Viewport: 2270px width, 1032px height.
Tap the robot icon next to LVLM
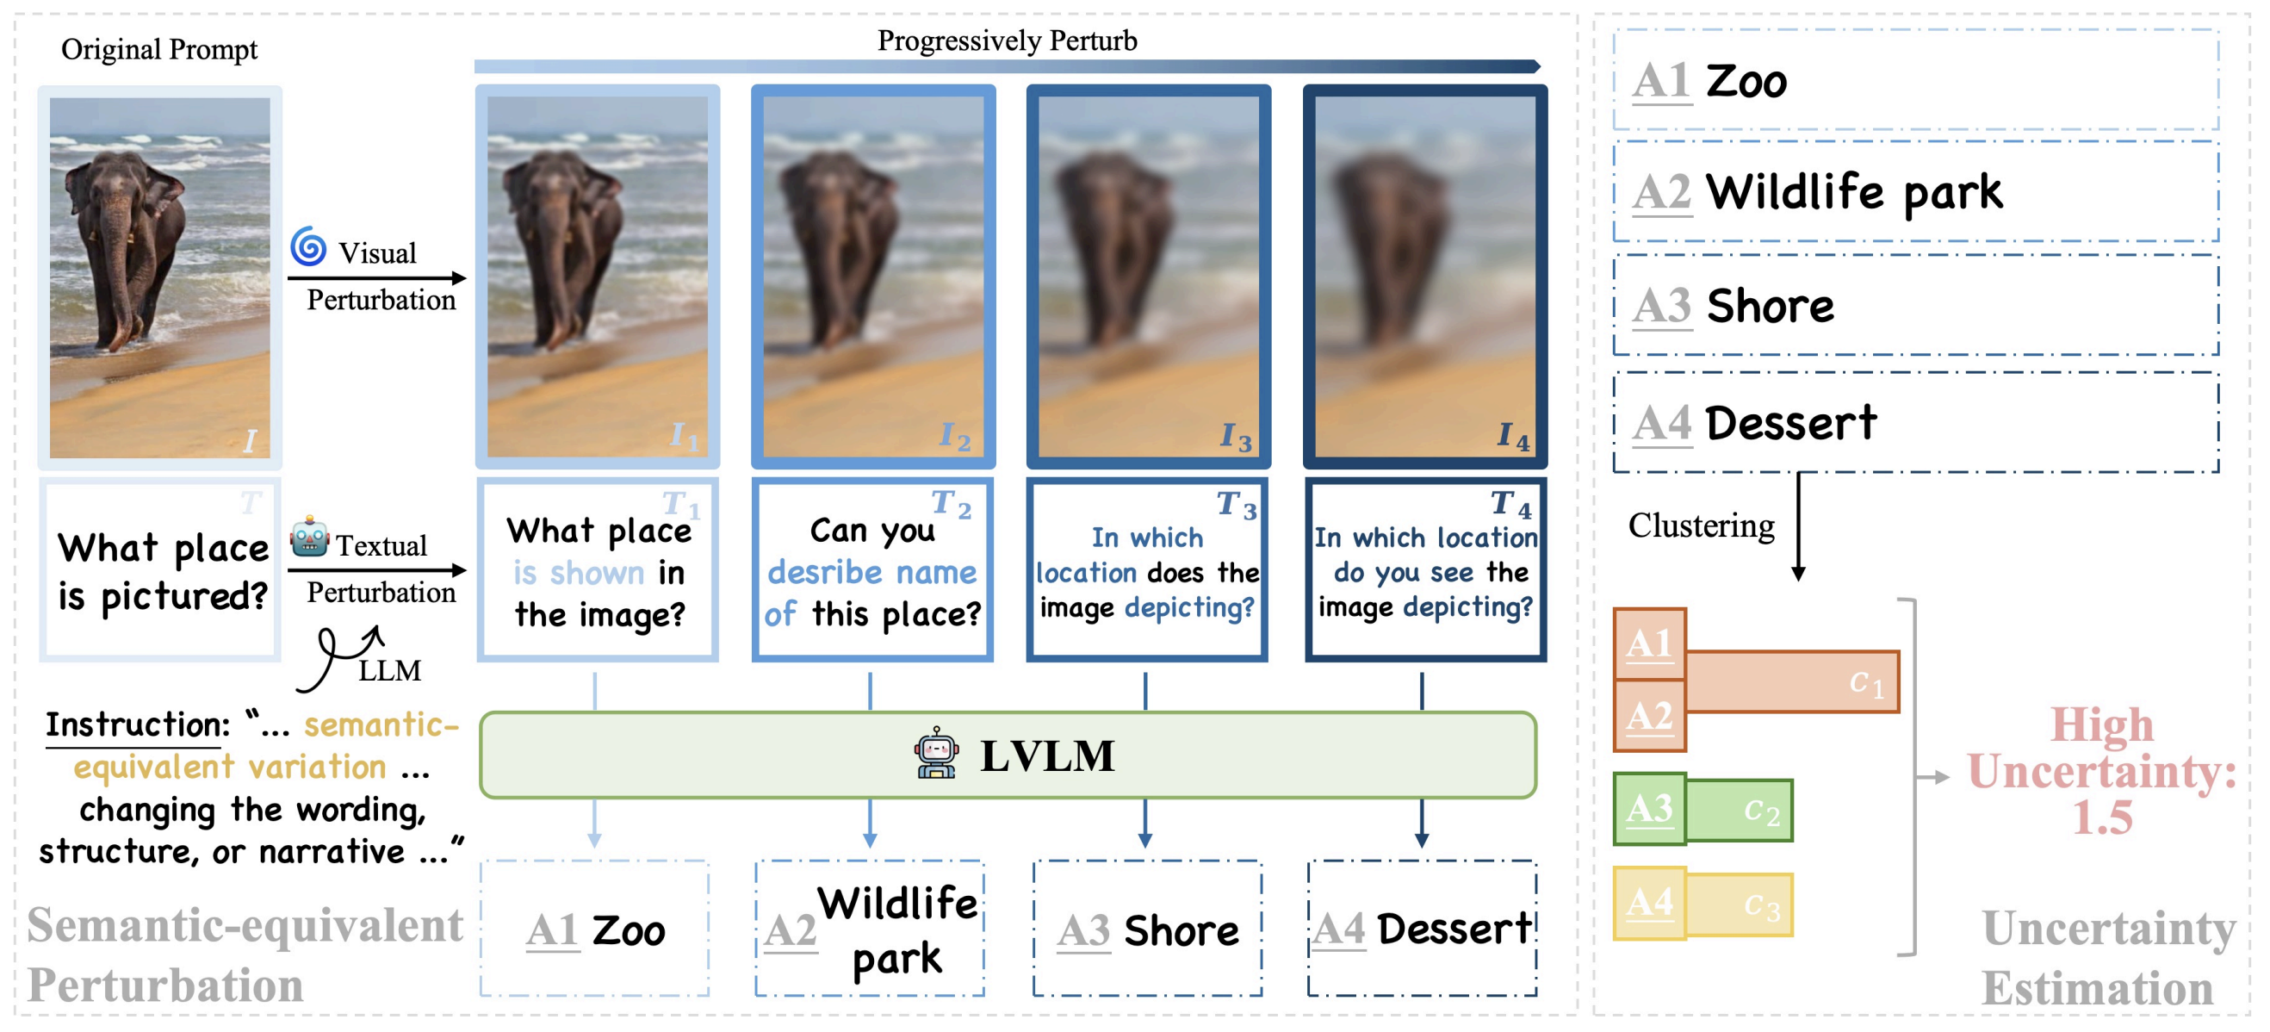click(935, 754)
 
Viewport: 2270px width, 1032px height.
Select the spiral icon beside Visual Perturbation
click(308, 246)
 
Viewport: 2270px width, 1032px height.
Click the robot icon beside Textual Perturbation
click(309, 537)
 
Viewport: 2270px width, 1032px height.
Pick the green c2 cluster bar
click(1739, 810)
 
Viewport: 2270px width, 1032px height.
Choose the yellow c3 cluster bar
click(1739, 905)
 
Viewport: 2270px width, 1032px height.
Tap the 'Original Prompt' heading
click(158, 49)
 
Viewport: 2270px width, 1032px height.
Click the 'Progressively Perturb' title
click(1007, 40)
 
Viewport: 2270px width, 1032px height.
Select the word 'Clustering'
click(1700, 526)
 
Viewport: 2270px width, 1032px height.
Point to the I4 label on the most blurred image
click(1513, 435)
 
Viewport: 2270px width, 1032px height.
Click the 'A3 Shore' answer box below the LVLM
click(1146, 929)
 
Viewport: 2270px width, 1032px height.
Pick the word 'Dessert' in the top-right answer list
click(1790, 423)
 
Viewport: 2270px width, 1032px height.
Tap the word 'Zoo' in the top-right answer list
click(1746, 82)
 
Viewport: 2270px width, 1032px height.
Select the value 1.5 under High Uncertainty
click(2102, 818)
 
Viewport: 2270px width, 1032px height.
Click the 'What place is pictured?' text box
click(161, 571)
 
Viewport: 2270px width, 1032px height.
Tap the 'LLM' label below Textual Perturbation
click(388, 671)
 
